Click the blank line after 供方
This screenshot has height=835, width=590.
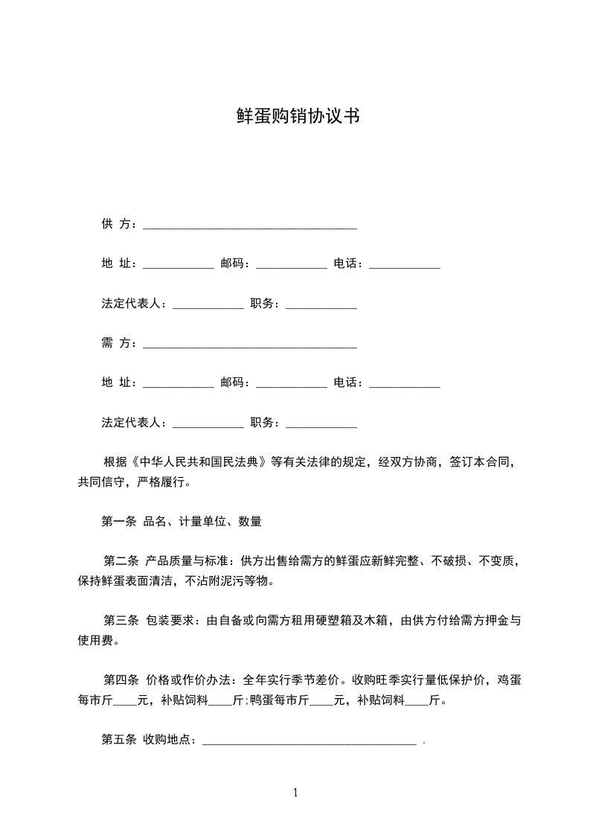(249, 225)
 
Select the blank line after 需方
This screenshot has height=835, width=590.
(249, 345)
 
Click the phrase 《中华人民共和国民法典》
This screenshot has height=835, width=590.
(199, 461)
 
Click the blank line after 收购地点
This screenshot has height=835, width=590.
(309, 741)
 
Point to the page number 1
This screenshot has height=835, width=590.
(295, 792)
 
